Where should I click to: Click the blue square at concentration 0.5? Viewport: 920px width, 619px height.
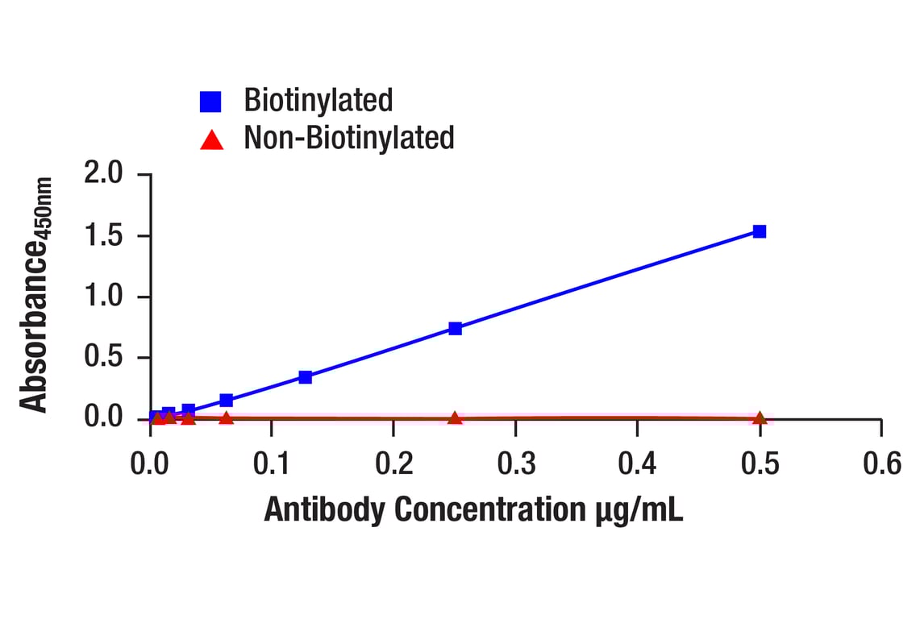[759, 231]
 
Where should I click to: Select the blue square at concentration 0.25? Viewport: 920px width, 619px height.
[455, 328]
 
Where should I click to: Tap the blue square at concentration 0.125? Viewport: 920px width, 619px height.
[305, 376]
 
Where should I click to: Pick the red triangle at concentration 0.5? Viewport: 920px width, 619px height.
[759, 418]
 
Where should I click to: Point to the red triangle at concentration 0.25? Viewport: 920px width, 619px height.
[455, 418]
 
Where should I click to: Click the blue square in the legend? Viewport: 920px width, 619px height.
[210, 101]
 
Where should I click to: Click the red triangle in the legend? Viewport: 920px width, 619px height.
[211, 140]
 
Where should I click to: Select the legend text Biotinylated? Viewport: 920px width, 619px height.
[318, 100]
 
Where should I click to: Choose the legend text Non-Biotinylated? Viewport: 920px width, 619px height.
[349, 138]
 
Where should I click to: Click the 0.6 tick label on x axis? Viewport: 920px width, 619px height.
[881, 464]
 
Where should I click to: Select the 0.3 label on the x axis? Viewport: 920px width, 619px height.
[516, 464]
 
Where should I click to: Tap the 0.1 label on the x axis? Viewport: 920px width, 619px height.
[272, 464]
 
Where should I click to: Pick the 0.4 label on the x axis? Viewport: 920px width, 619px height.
[638, 464]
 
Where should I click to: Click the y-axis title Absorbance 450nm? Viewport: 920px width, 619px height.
[35, 295]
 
